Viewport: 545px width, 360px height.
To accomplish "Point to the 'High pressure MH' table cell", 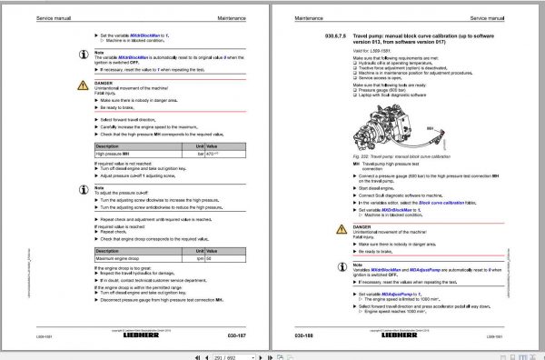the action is click(x=136, y=153).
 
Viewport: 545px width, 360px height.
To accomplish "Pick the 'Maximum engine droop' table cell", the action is click(x=136, y=260).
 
